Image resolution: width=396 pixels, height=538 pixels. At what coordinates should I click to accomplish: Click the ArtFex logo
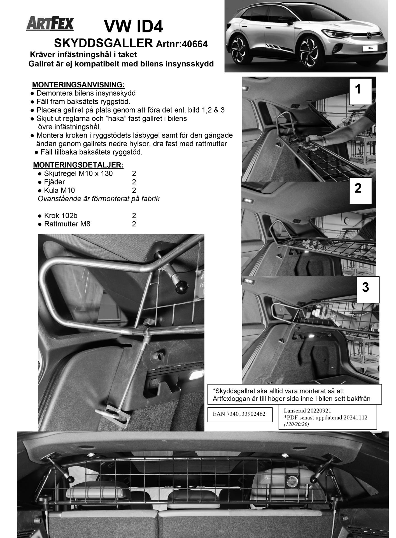[x=50, y=24]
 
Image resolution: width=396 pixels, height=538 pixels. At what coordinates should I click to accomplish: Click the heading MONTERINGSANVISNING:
[x=78, y=85]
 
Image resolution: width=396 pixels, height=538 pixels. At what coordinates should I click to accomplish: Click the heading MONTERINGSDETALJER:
[x=78, y=165]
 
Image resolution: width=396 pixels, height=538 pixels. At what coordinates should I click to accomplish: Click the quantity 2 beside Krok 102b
[x=134, y=215]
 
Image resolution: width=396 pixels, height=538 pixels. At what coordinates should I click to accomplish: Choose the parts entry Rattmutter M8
[x=67, y=224]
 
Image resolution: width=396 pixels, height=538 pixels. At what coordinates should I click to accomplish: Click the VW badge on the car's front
[x=369, y=36]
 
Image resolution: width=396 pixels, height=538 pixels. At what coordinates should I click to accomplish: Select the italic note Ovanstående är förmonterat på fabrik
[x=99, y=199]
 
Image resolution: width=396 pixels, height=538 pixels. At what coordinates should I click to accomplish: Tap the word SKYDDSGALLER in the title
[x=103, y=43]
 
